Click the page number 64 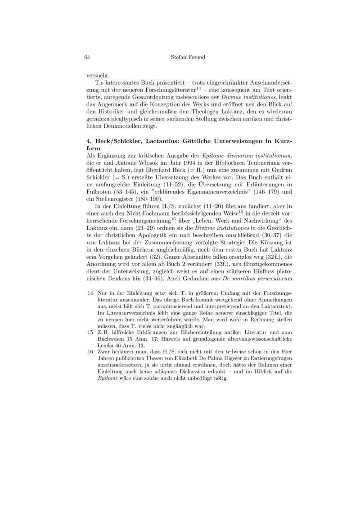pyautogui.click(x=87, y=57)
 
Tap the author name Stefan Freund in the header pyautogui.click(x=189, y=57)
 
